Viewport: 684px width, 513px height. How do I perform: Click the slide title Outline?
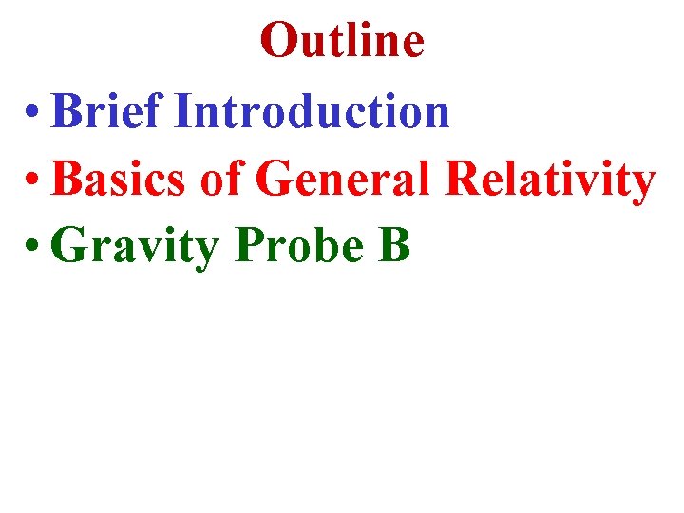(342, 40)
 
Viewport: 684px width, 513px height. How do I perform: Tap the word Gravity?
(136, 247)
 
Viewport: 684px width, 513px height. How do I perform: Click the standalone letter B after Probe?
(395, 245)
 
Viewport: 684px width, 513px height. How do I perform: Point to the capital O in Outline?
(276, 40)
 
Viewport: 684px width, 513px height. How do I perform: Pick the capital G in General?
(275, 179)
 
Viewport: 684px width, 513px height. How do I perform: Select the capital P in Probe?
(249, 245)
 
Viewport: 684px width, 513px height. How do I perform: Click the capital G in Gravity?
(70, 245)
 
